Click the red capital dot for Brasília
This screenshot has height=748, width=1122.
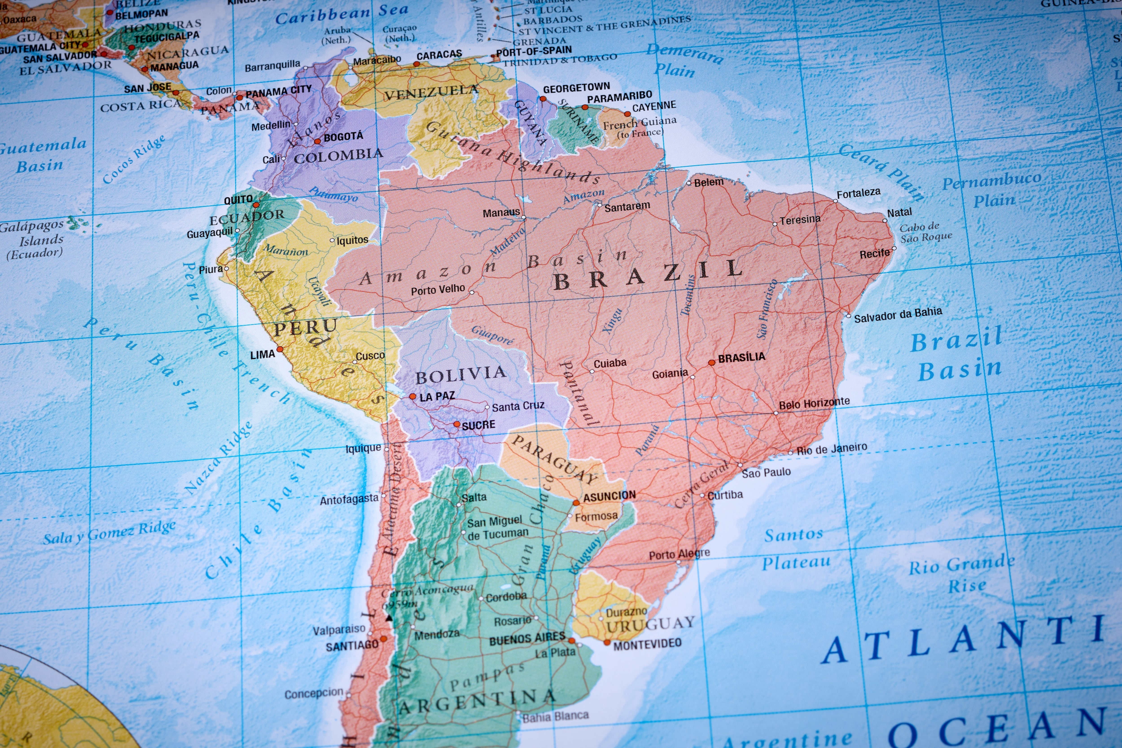711,362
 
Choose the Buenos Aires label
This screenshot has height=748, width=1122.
527,638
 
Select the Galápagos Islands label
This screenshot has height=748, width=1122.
33,239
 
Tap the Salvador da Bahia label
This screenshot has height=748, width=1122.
898,315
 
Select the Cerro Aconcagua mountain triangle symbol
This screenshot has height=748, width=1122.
389,618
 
